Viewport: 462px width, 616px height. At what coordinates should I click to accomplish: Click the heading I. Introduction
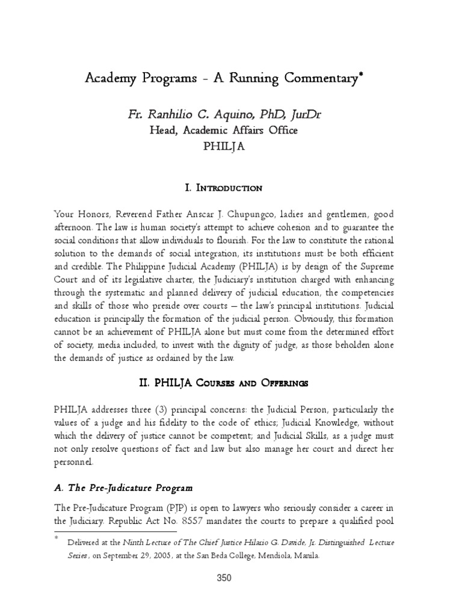(224, 188)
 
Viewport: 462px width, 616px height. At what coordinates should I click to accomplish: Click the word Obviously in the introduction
(291, 316)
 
